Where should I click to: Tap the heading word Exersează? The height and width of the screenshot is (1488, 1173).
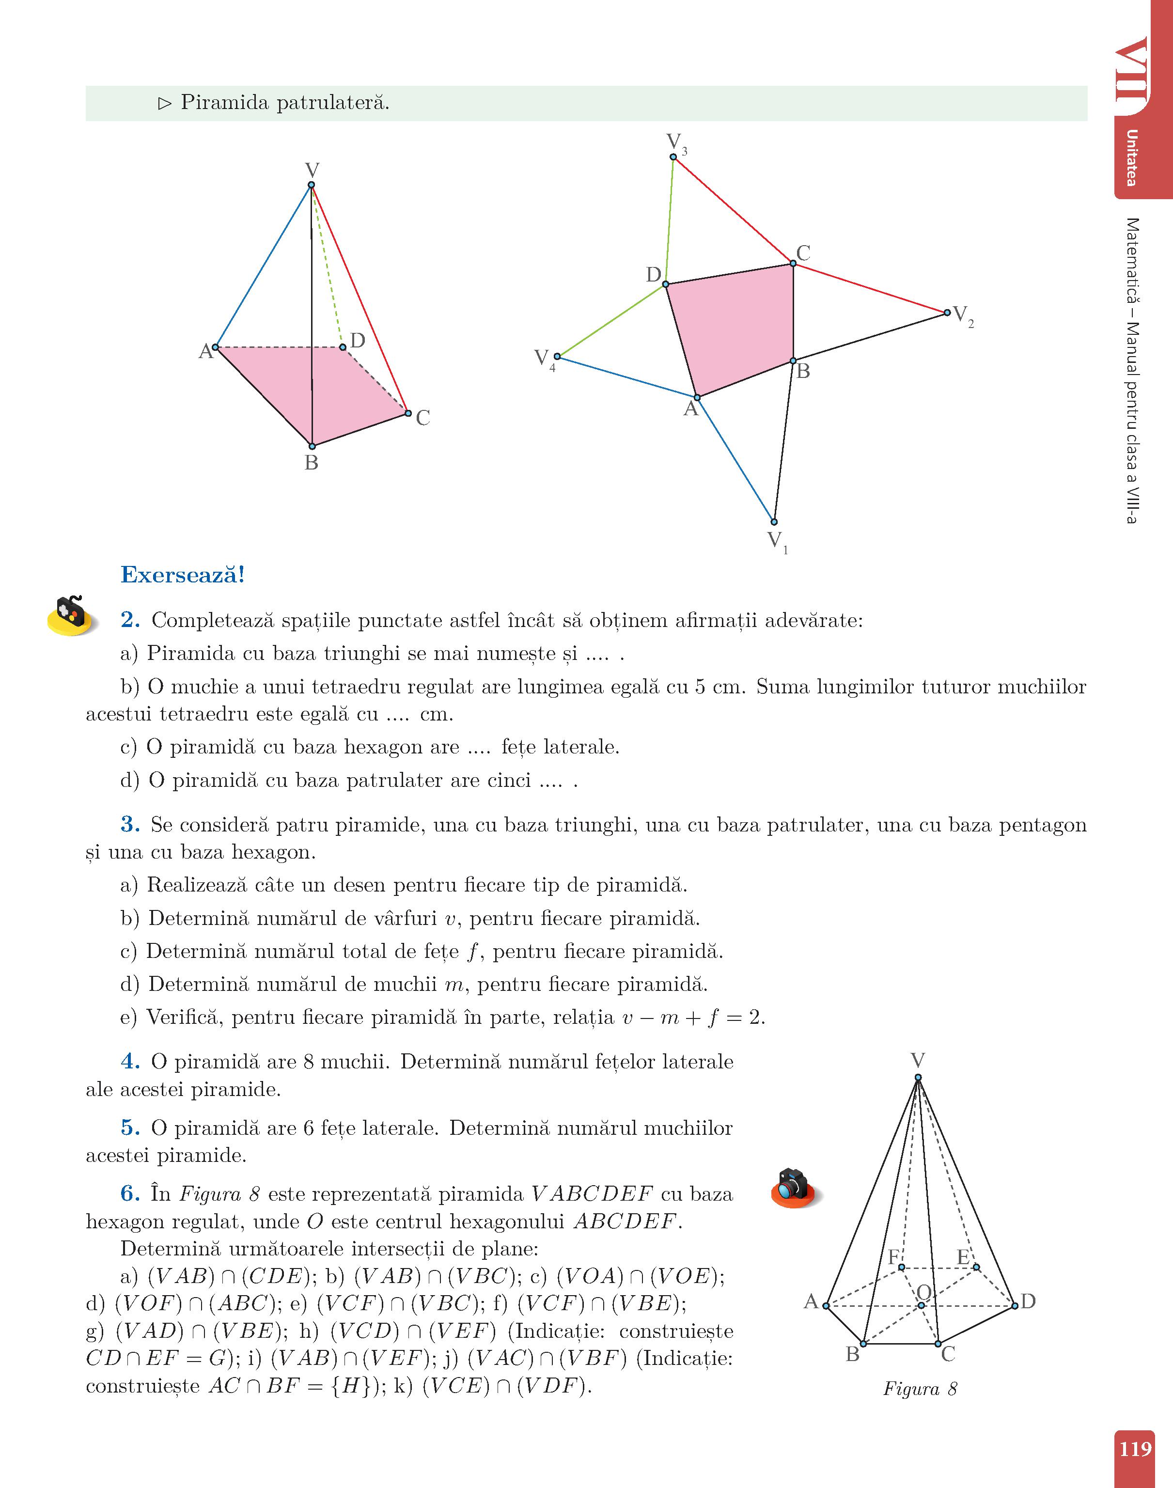[x=183, y=575]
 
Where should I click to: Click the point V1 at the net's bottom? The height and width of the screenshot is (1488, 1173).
[x=774, y=522]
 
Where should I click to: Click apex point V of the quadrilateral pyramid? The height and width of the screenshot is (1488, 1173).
[x=311, y=185]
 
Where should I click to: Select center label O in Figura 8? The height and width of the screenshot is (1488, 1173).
[x=924, y=1293]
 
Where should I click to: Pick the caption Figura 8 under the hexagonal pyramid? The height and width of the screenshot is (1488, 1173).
[x=920, y=1389]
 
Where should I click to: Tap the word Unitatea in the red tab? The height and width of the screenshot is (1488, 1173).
[x=1131, y=158]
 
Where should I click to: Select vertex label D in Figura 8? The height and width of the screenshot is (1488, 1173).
[x=1028, y=1301]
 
